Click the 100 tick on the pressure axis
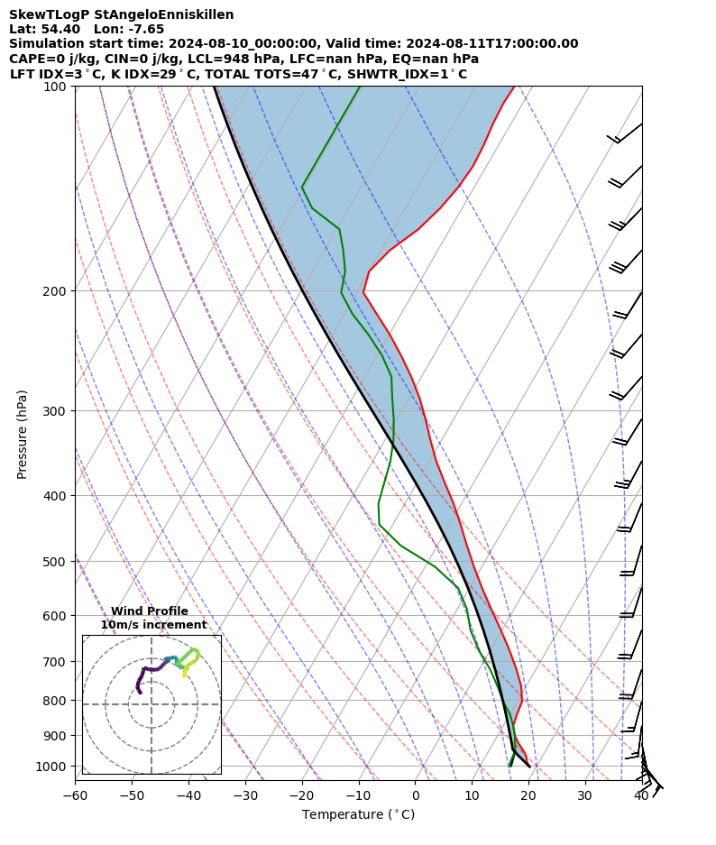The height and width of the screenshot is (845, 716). point(58,87)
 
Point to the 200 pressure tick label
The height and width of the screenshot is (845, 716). point(58,291)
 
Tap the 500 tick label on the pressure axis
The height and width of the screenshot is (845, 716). point(58,562)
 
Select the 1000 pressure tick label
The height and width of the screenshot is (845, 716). point(54,767)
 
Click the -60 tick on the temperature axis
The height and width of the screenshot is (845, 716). point(75,795)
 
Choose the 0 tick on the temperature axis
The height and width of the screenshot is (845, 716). point(415,795)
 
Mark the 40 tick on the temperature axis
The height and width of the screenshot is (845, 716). point(641,795)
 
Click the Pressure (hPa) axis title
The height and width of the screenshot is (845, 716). point(22,434)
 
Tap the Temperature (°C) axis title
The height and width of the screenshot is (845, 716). point(358,815)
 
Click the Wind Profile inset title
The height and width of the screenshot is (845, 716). point(150,611)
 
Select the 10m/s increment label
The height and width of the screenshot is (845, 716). point(153,625)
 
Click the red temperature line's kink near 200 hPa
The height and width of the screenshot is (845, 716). point(363,290)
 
